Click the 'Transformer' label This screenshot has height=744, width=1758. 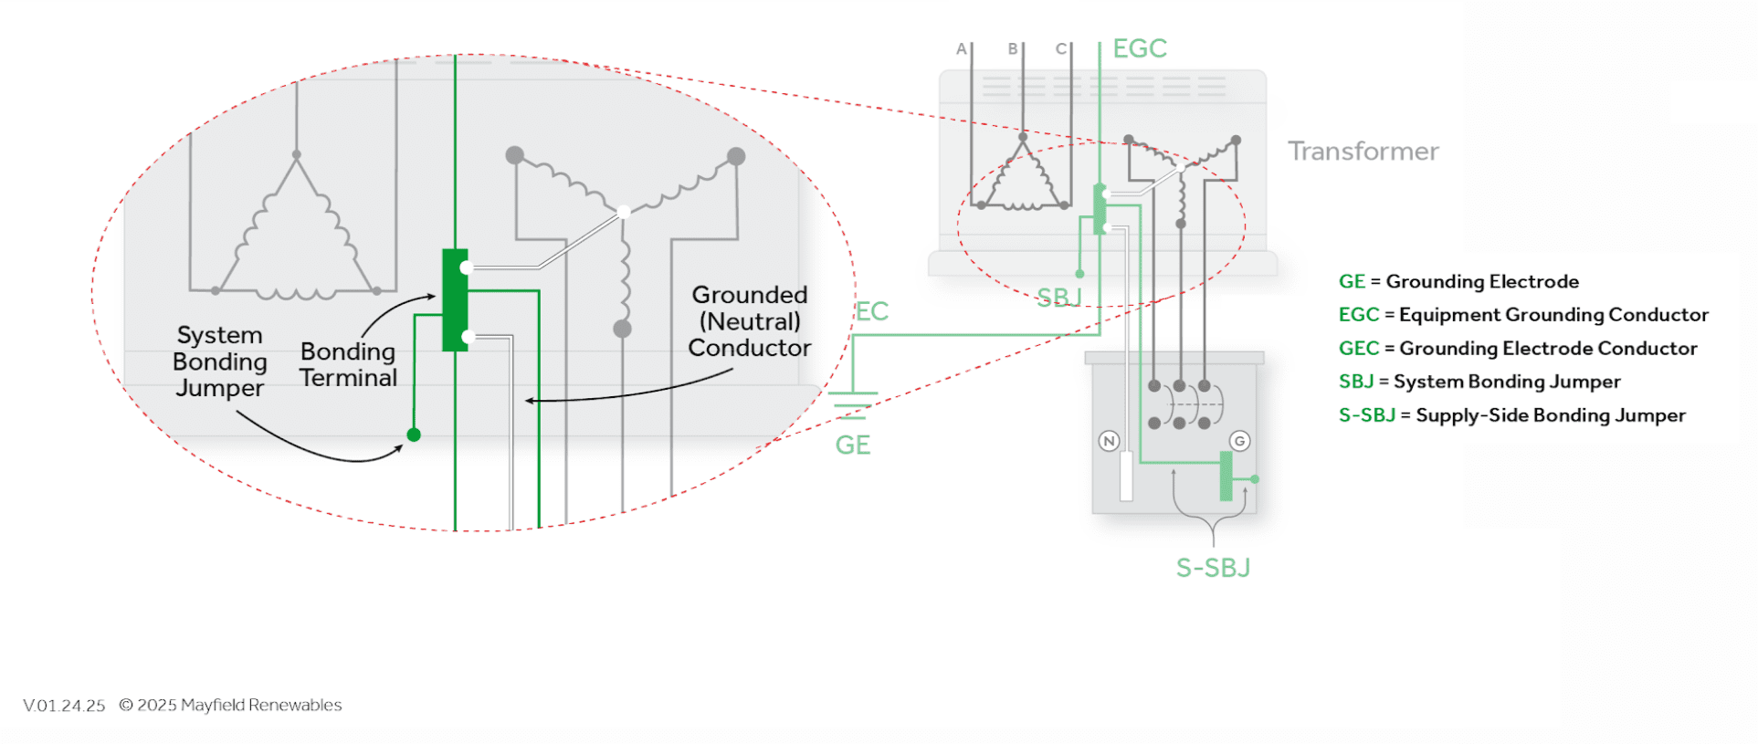click(x=1363, y=151)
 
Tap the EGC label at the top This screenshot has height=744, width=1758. click(x=1140, y=48)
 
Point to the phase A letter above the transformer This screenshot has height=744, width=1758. click(x=961, y=49)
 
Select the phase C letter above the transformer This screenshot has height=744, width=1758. click(x=1060, y=49)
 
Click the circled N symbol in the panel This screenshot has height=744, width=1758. click(x=1109, y=442)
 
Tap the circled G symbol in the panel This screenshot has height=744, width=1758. click(x=1239, y=442)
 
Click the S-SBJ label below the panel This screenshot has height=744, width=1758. click(x=1213, y=568)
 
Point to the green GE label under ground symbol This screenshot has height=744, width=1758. click(x=852, y=445)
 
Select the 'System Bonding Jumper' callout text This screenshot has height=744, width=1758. click(x=219, y=362)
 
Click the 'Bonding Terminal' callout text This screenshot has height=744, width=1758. click(x=348, y=365)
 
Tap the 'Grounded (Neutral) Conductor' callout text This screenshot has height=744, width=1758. click(x=749, y=321)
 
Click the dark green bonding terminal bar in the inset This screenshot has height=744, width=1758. click(x=454, y=300)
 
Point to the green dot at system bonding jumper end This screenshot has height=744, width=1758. click(x=414, y=435)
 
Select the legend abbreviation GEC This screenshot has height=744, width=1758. click(x=1358, y=349)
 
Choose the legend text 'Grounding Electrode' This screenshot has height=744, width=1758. click(x=1482, y=282)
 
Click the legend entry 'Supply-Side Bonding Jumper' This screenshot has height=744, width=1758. click(x=1550, y=415)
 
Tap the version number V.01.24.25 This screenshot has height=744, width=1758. click(x=64, y=706)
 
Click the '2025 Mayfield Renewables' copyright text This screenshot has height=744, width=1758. click(x=238, y=706)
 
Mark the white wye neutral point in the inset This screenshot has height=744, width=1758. click(x=624, y=212)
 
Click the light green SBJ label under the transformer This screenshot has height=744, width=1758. click(x=1058, y=298)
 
